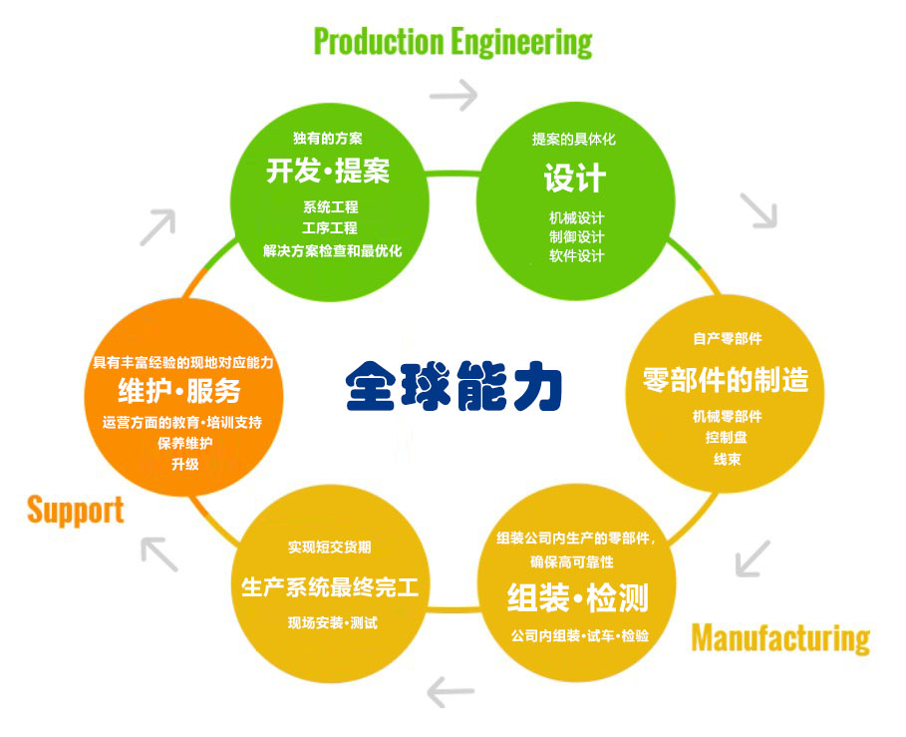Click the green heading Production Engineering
click(x=453, y=42)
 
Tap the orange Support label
click(x=76, y=510)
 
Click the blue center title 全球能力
click(x=454, y=385)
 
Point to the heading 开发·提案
click(x=328, y=172)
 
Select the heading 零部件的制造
click(x=725, y=379)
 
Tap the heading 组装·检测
click(x=578, y=598)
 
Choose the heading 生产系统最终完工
click(x=330, y=587)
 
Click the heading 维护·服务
click(x=179, y=389)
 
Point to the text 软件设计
click(x=576, y=255)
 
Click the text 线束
click(x=727, y=459)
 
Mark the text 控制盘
click(x=727, y=438)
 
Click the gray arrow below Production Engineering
click(x=453, y=96)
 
